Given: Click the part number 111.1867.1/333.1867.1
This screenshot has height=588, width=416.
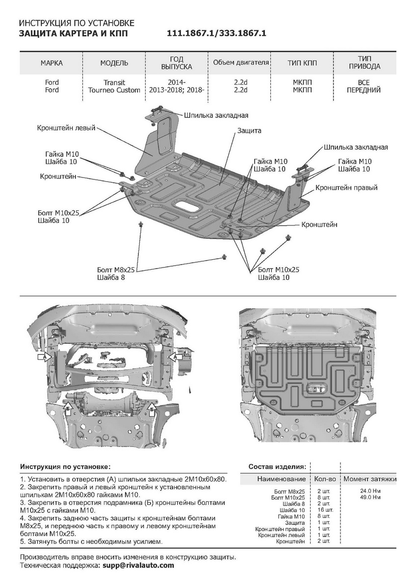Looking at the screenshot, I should pyautogui.click(x=216, y=33).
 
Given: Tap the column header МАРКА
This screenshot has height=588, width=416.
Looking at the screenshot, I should pyautogui.click(x=52, y=63).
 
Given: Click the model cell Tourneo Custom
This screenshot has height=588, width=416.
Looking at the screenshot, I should pyautogui.click(x=114, y=90).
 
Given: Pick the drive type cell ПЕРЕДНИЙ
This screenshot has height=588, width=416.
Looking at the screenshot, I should pyautogui.click(x=364, y=90).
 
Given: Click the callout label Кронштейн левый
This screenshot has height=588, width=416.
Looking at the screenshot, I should pyautogui.click(x=66, y=127).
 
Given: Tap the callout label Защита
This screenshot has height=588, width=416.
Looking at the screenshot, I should pyautogui.click(x=250, y=131).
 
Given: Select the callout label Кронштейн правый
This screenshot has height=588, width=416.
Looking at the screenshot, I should pyautogui.click(x=346, y=188).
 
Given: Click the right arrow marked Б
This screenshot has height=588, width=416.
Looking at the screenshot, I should pyautogui.click(x=152, y=407).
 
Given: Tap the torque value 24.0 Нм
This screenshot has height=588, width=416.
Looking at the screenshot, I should pyautogui.click(x=370, y=490).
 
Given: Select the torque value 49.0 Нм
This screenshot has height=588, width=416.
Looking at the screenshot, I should pyautogui.click(x=370, y=497).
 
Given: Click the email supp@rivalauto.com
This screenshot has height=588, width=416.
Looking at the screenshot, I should pyautogui.click(x=137, y=565).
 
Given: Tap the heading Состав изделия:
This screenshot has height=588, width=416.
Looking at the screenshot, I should pyautogui.click(x=278, y=465).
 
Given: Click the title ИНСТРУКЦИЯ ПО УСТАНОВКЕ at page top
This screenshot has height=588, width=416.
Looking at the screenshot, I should pyautogui.click(x=76, y=24).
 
